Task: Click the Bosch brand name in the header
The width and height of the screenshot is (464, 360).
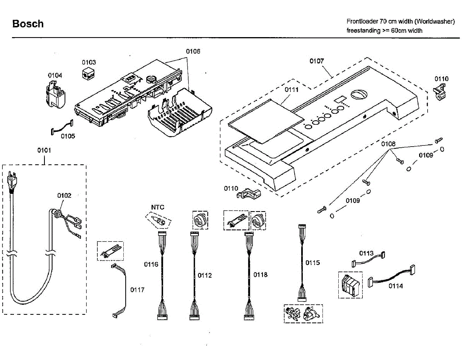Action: point(28,24)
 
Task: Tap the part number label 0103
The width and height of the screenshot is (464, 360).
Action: point(89,62)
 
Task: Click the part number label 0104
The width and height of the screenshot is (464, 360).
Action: point(55,75)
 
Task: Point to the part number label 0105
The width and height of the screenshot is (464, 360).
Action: point(68,136)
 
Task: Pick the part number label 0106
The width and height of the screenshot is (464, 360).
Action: point(193,51)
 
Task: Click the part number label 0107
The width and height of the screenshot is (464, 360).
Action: point(317,61)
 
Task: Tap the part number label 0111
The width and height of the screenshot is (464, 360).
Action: point(292,90)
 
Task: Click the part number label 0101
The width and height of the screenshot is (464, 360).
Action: point(44,150)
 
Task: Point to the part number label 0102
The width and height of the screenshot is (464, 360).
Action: point(65,196)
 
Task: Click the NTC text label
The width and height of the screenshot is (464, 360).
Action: point(157,207)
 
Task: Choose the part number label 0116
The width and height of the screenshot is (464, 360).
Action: point(151,264)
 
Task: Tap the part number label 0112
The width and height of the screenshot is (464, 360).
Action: point(205,275)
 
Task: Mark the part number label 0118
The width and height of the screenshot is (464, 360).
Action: point(261,275)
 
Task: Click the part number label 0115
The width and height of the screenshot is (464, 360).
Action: point(313,263)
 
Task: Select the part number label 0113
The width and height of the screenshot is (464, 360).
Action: point(367,253)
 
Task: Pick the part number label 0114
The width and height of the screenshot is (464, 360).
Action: point(396,286)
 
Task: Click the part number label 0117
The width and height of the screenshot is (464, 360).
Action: point(137,290)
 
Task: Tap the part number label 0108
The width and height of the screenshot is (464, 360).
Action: point(388,144)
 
